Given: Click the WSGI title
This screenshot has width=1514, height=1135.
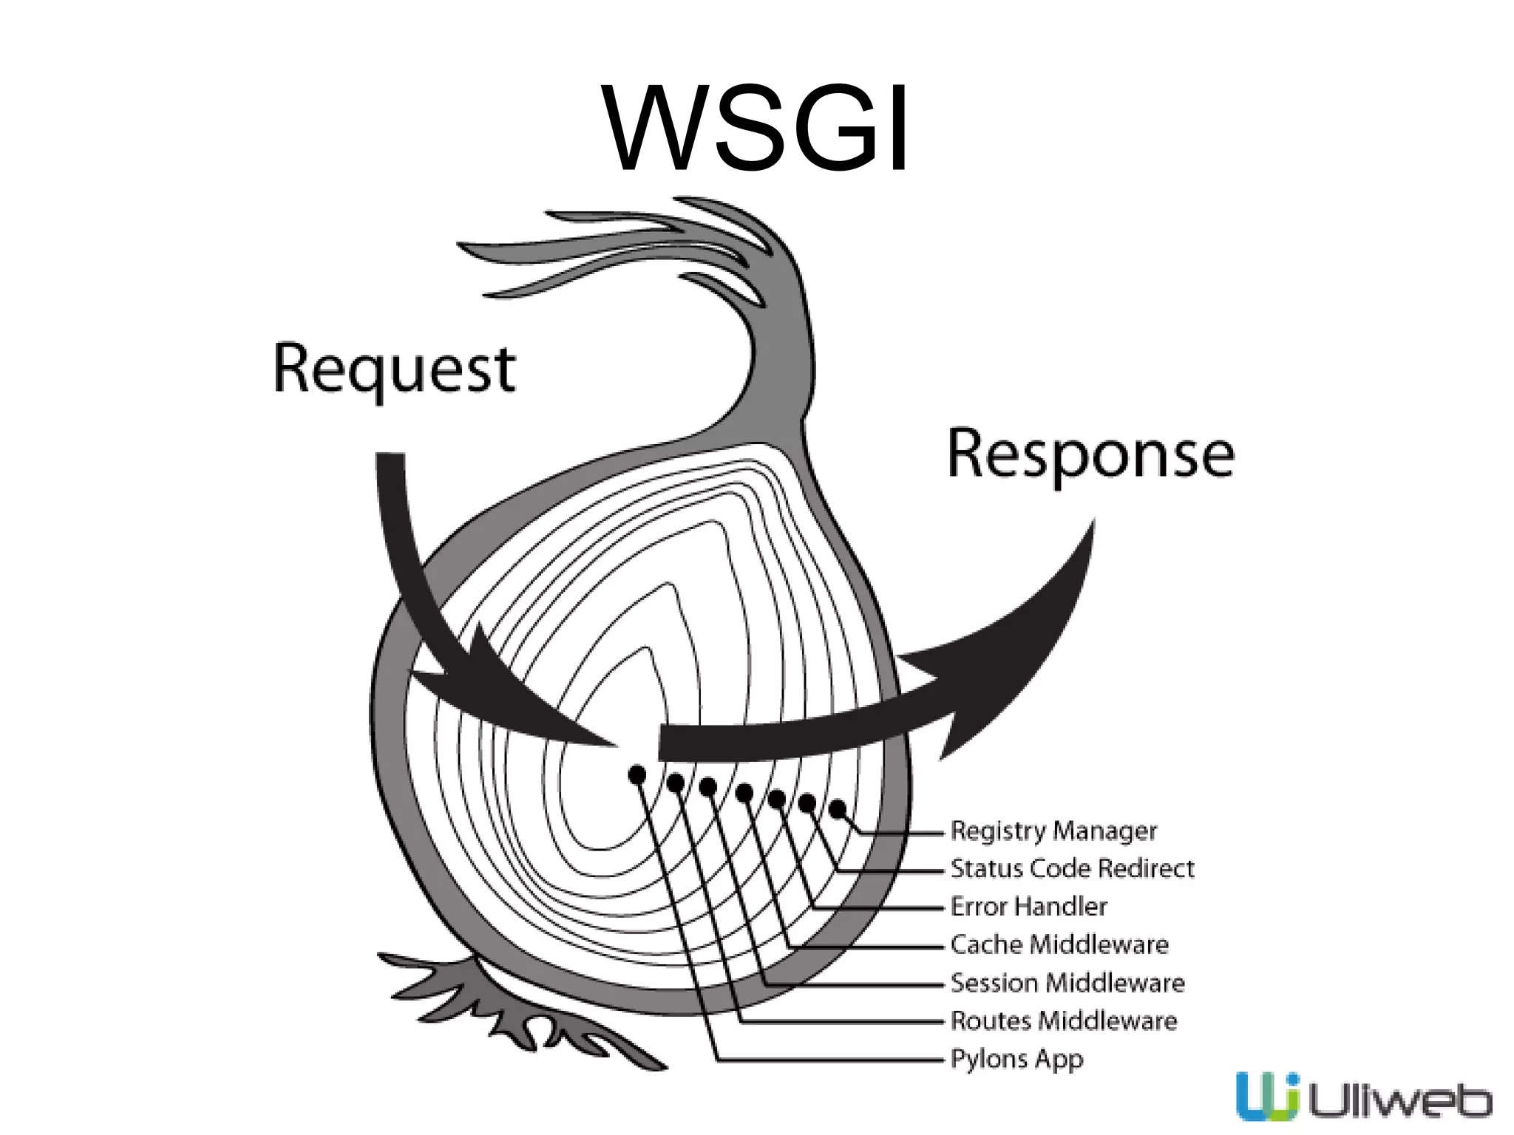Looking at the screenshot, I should tap(756, 127).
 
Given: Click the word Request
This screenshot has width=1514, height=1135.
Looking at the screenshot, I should tap(394, 369).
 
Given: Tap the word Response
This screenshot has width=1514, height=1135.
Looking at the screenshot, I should tap(1090, 454).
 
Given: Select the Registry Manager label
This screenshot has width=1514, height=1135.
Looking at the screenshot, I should tap(1053, 831).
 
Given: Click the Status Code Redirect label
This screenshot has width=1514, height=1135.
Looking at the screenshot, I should tap(1071, 868).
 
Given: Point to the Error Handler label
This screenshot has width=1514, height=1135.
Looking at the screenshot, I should tap(1028, 906).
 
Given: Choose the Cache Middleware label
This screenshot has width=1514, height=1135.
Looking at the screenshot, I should tap(1059, 944).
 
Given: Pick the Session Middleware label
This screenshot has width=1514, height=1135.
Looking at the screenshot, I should tap(1067, 983).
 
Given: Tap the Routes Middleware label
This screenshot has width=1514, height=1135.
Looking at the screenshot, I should tap(1063, 1020).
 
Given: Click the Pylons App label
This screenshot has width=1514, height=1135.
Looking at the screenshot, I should tap(1016, 1059).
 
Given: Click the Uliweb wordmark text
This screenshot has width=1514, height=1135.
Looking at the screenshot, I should tap(1400, 1102).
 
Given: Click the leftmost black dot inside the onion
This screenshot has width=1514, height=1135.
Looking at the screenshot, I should tap(637, 774).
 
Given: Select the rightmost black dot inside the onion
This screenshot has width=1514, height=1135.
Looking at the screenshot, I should tap(838, 809).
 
